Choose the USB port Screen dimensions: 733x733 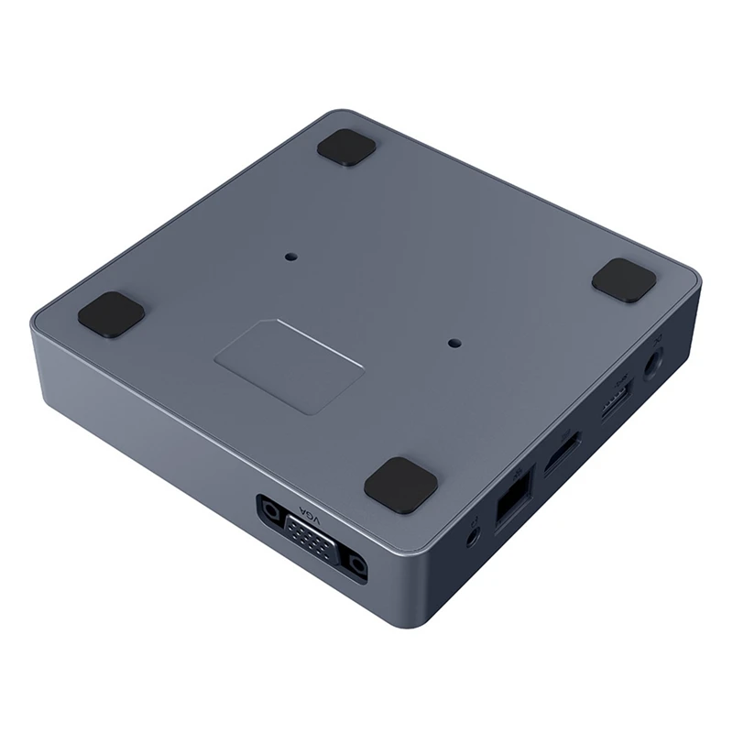pyautogui.click(x=615, y=400)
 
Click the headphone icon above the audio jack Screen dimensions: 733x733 pyautogui.click(x=475, y=517)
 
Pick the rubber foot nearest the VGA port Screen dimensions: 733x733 pyautogui.click(x=400, y=484)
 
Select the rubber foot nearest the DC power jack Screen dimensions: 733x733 pyautogui.click(x=624, y=279)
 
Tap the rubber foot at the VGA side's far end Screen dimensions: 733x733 pyautogui.click(x=111, y=313)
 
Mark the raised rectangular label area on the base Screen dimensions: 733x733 pyautogui.click(x=289, y=366)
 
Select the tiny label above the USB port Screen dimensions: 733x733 pyautogui.click(x=621, y=379)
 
